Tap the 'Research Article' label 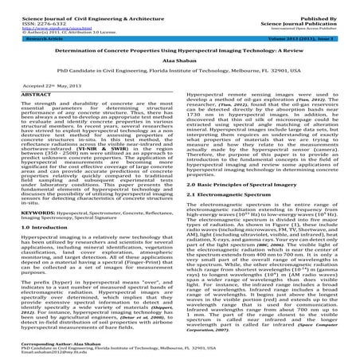click(x=29, y=37)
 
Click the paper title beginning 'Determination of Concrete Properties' click(x=179, y=48)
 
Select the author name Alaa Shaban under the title click(x=179, y=59)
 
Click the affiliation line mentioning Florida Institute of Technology click(x=179, y=69)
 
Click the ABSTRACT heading click(x=23, y=93)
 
